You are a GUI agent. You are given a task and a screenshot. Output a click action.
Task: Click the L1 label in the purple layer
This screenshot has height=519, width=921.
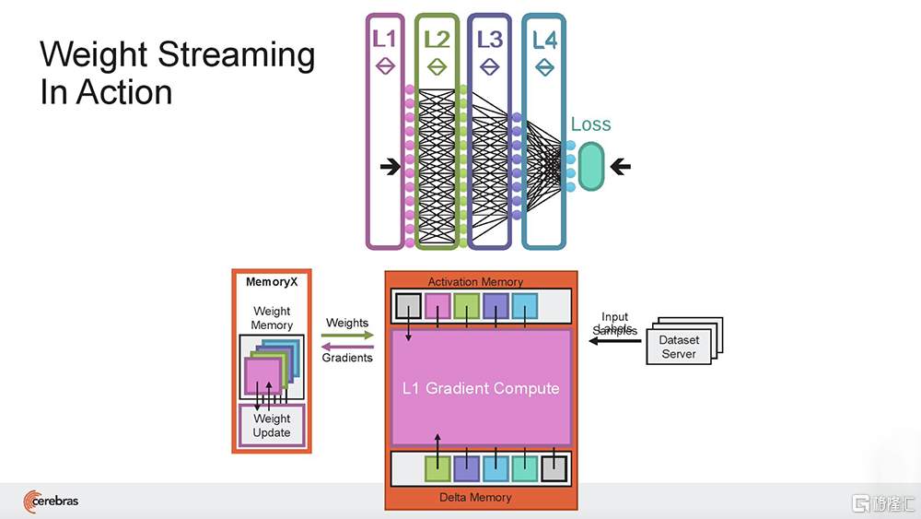[385, 39]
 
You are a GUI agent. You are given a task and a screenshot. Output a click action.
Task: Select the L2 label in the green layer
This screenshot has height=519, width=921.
[437, 39]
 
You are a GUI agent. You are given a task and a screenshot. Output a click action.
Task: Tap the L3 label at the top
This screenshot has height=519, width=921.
[489, 39]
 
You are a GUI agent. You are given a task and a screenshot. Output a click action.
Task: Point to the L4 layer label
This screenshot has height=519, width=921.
[544, 39]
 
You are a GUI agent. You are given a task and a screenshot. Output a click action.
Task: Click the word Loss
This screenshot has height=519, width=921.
[590, 124]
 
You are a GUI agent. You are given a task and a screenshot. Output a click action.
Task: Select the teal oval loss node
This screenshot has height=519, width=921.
[589, 167]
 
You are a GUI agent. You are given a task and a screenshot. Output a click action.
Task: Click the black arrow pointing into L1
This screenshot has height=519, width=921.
[390, 167]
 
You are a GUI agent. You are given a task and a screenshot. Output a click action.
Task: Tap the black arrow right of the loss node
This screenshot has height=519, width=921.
[621, 167]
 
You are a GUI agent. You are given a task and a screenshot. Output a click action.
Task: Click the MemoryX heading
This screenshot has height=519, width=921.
[272, 282]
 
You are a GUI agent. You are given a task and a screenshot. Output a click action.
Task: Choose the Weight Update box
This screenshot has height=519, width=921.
[272, 425]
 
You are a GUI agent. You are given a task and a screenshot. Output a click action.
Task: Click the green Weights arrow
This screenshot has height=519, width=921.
[347, 336]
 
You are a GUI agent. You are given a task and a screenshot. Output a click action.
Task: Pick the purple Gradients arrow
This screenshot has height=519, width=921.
[347, 347]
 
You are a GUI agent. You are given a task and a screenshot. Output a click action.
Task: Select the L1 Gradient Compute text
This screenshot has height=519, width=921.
[481, 388]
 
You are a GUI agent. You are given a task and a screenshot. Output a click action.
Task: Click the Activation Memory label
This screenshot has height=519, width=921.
[475, 281]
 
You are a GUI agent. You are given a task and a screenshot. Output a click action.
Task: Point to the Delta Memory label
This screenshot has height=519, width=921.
[476, 498]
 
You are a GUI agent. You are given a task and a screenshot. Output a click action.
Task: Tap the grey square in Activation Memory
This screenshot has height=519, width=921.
[408, 306]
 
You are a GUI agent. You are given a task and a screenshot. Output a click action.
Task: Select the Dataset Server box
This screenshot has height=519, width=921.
[679, 347]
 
